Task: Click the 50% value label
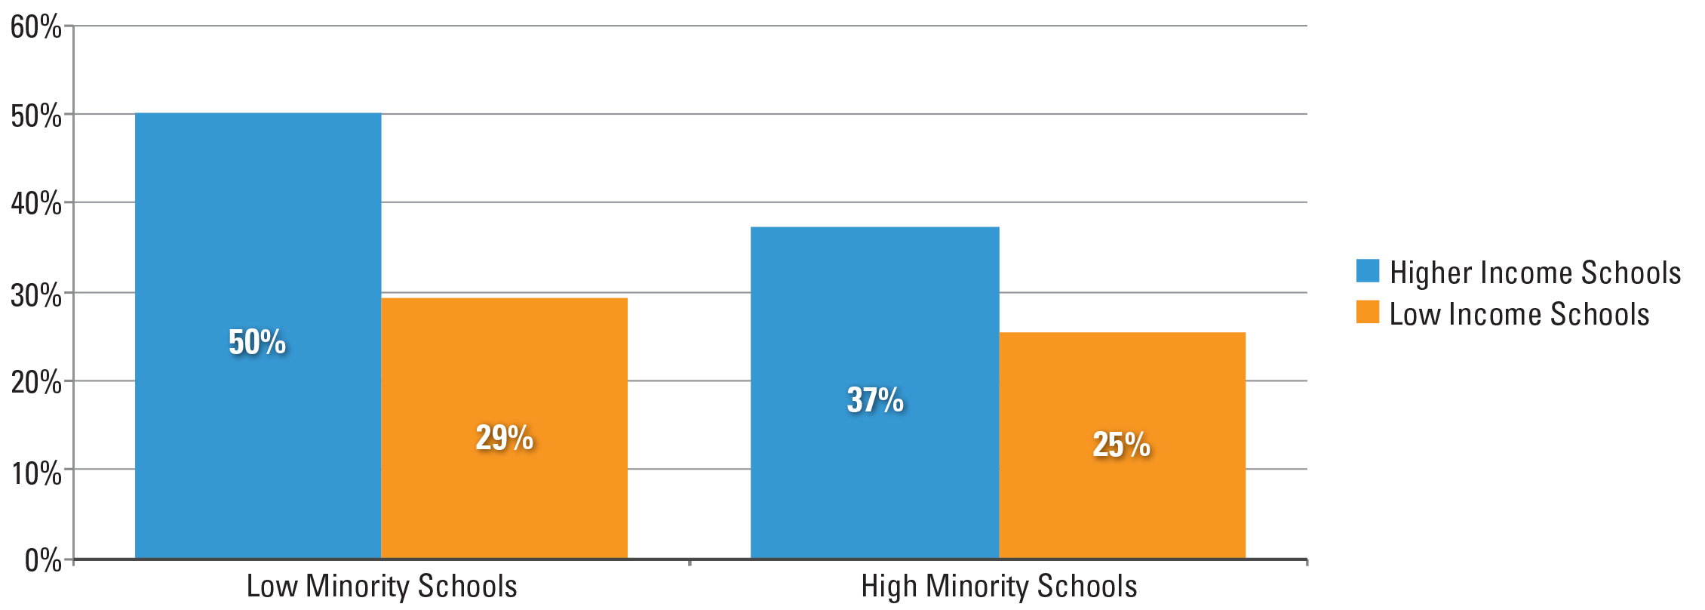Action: pyautogui.click(x=257, y=342)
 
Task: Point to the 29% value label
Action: pyautogui.click(x=504, y=438)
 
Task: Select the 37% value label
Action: pyautogui.click(x=875, y=400)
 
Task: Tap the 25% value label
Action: pyautogui.click(x=1121, y=444)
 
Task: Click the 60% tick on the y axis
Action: pyautogui.click(x=36, y=27)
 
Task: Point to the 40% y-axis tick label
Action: pyautogui.click(x=36, y=203)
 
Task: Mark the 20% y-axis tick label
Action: pyautogui.click(x=36, y=383)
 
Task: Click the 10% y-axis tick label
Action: pyautogui.click(x=36, y=473)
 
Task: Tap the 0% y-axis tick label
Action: pyautogui.click(x=42, y=560)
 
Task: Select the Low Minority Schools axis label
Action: pyautogui.click(x=382, y=587)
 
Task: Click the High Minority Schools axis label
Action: pyautogui.click(x=999, y=587)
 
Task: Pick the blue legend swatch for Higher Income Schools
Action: pyautogui.click(x=1367, y=271)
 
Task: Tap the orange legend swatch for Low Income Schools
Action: pyautogui.click(x=1367, y=312)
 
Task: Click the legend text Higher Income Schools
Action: pyautogui.click(x=1534, y=273)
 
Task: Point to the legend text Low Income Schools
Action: pyautogui.click(x=1519, y=314)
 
